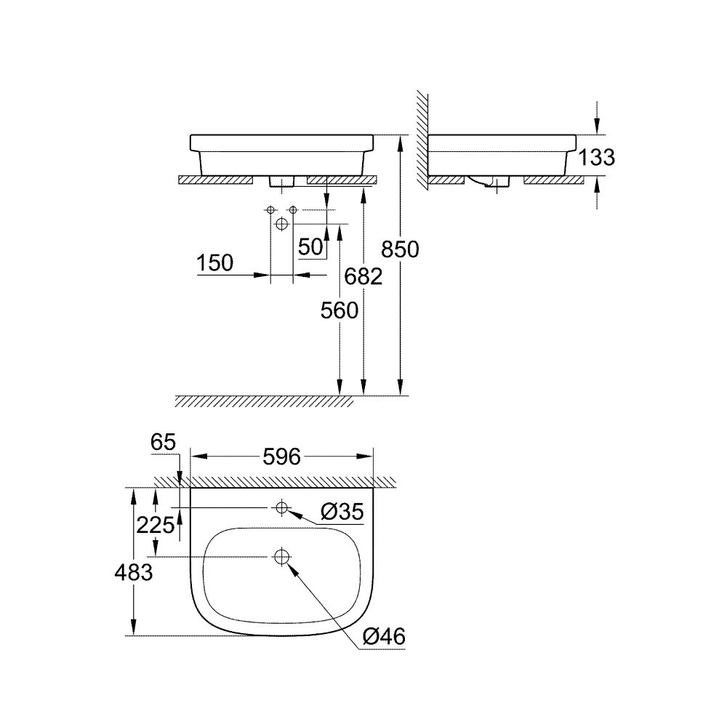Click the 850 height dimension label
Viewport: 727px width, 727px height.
(400, 249)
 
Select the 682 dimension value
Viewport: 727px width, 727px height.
(364, 277)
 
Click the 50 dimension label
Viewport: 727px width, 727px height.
(310, 246)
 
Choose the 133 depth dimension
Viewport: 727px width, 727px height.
(595, 157)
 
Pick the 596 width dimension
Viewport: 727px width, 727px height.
(281, 457)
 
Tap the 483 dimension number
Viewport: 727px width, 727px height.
(133, 572)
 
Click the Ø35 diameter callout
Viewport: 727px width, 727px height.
(340, 513)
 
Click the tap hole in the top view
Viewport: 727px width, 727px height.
(281, 507)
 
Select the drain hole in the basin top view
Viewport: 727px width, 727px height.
(281, 557)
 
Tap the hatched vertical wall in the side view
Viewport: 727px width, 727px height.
(422, 138)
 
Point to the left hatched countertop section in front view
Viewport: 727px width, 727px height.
(217, 179)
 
